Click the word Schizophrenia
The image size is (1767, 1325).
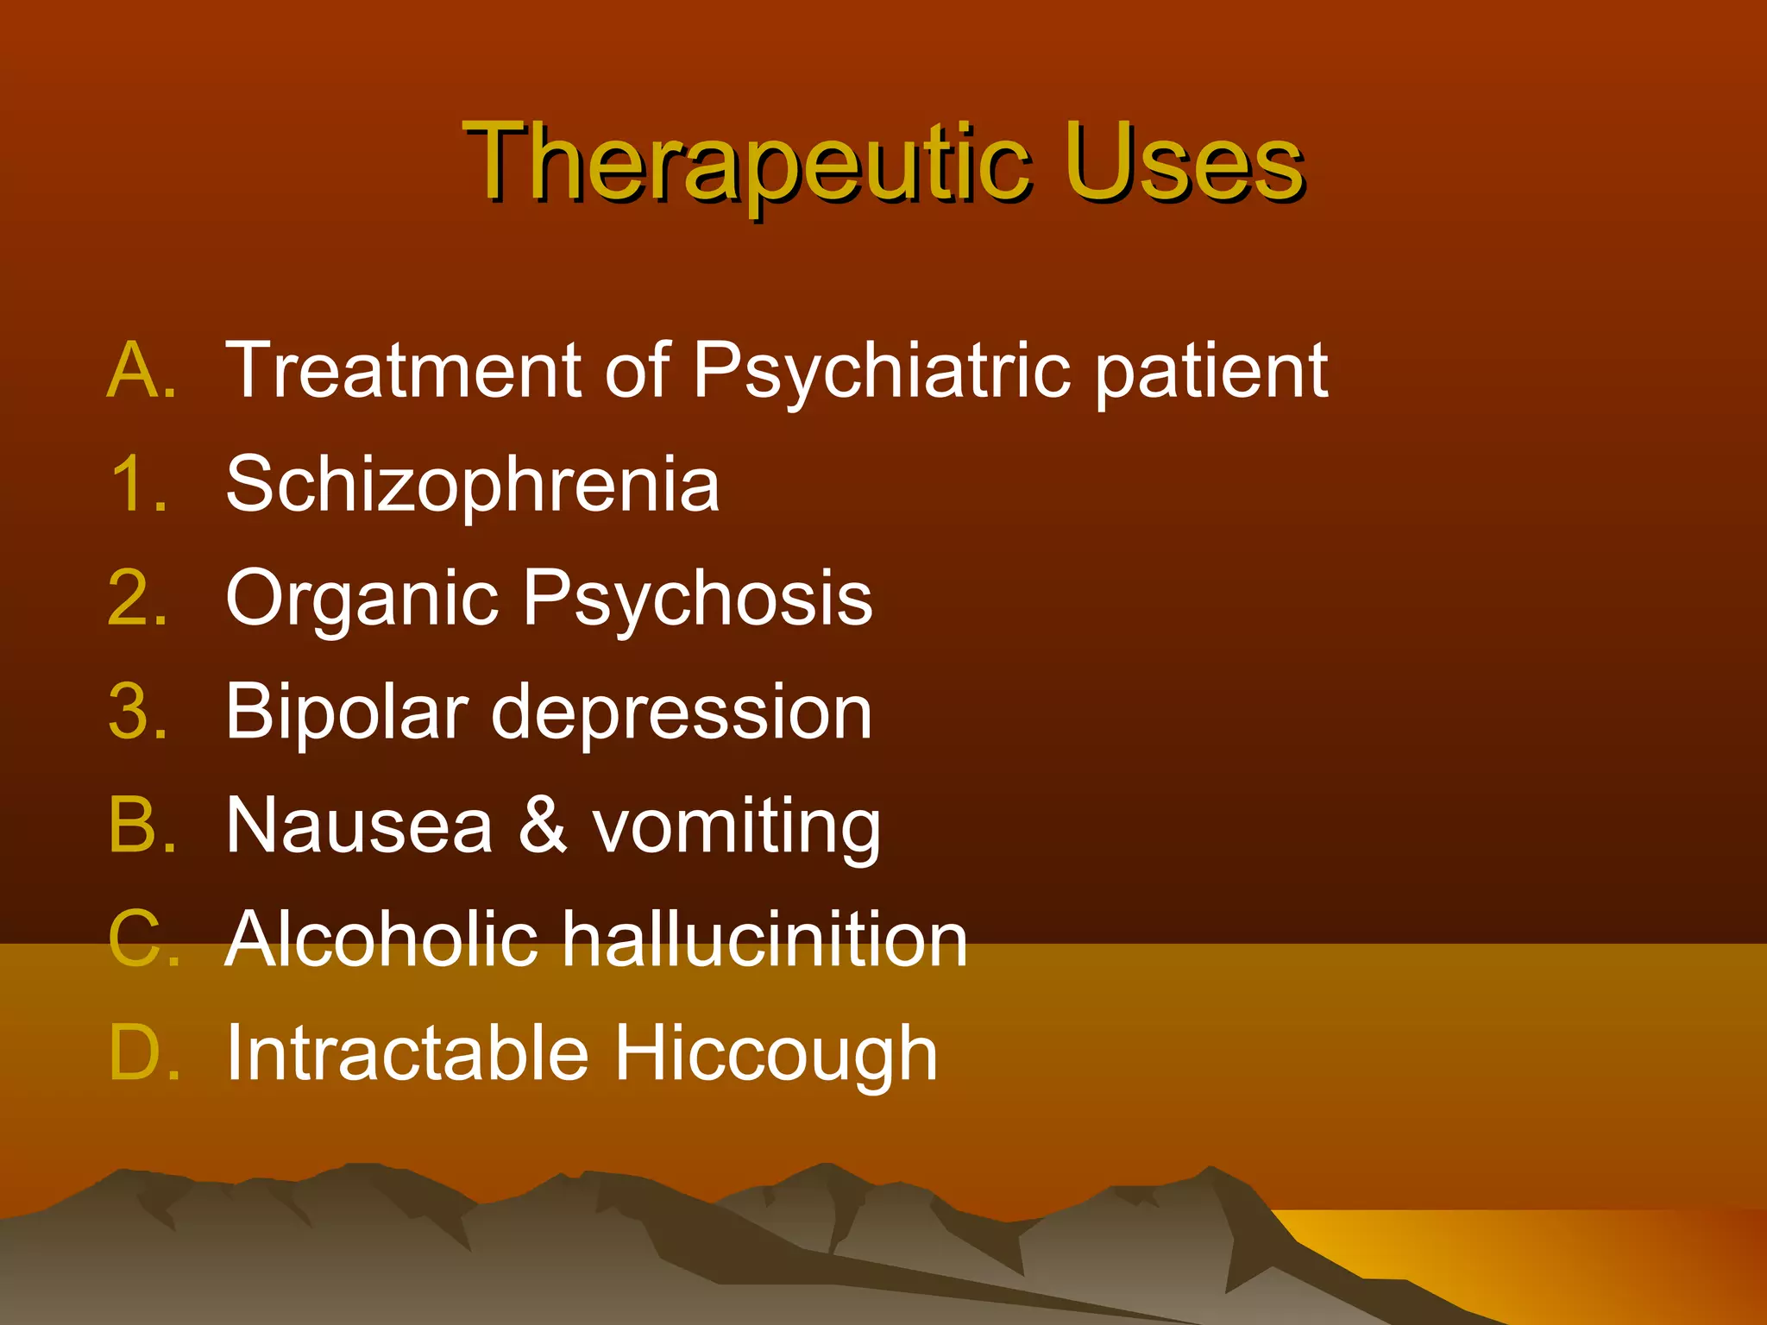point(472,486)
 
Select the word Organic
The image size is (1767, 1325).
point(362,600)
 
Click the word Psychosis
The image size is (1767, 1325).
point(697,600)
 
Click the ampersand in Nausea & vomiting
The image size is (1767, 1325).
point(542,826)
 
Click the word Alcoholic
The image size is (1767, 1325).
point(382,939)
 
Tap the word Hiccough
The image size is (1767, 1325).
point(775,1055)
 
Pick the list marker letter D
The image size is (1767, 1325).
point(142,1053)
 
